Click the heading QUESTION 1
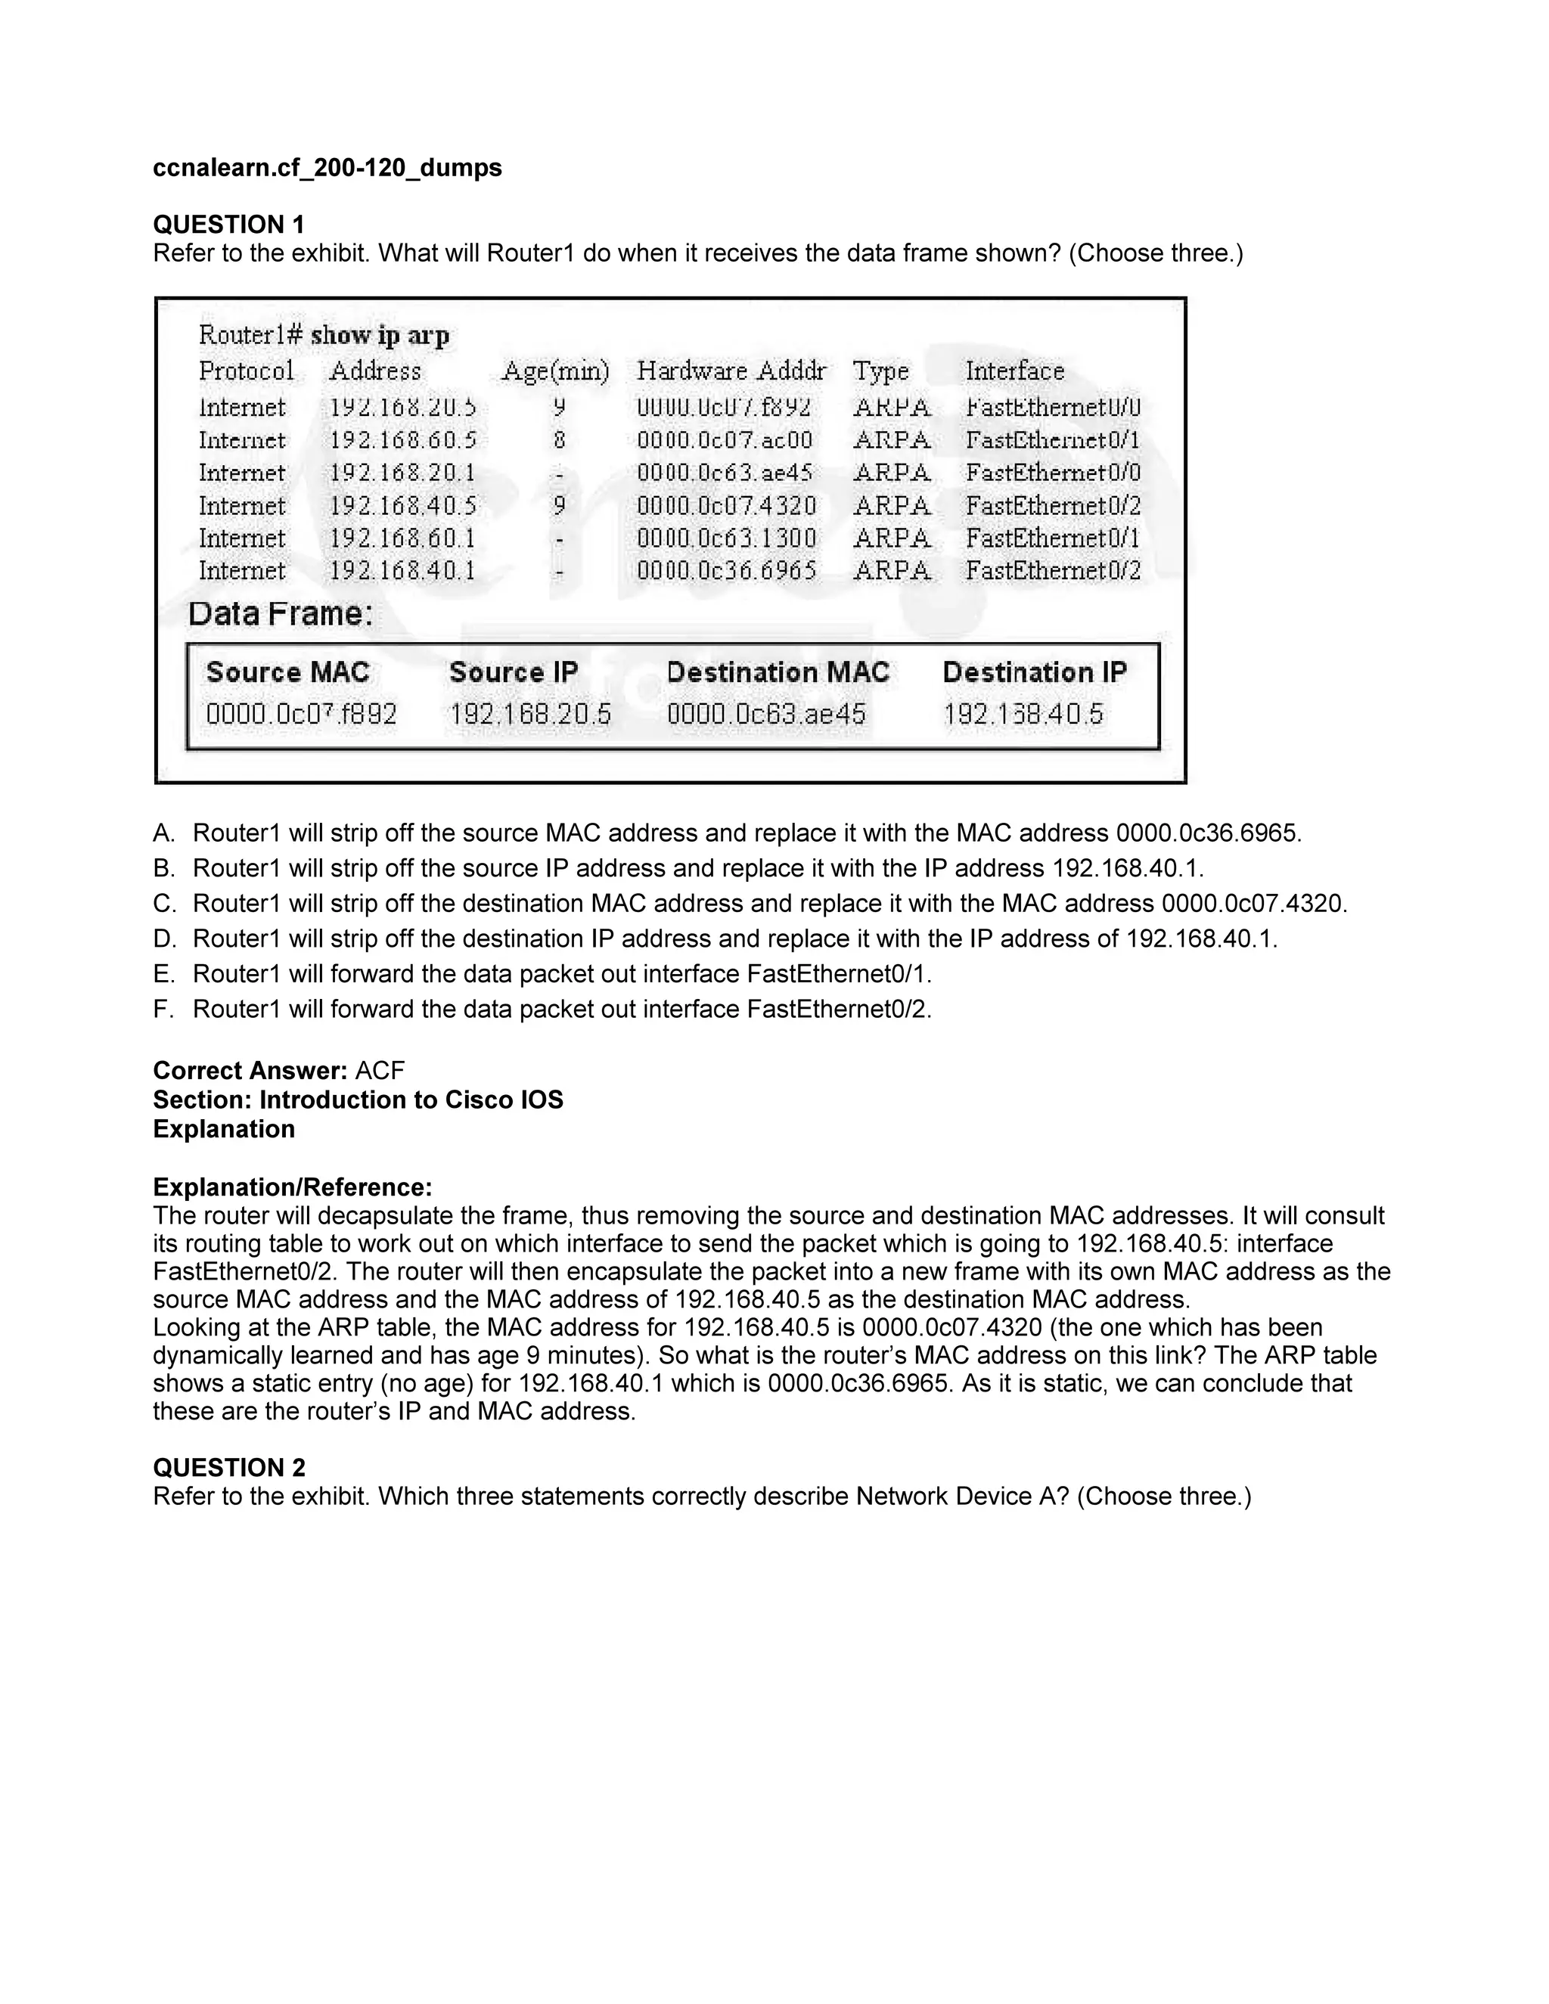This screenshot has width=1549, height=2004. pyautogui.click(x=228, y=224)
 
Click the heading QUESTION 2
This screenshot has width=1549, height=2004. pyautogui.click(x=228, y=1467)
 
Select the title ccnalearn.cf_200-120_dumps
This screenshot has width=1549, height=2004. pyautogui.click(x=327, y=168)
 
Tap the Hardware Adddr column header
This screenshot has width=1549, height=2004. pyautogui.click(x=731, y=371)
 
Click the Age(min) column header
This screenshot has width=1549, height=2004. pyautogui.click(x=555, y=371)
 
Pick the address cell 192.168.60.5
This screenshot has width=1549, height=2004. pyautogui.click(x=403, y=440)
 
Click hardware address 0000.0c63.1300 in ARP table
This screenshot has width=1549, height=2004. pyautogui.click(x=726, y=538)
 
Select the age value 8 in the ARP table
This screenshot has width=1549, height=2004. pyautogui.click(x=559, y=440)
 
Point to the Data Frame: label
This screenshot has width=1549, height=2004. pyautogui.click(x=281, y=614)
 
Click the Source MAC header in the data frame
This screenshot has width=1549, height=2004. pyautogui.click(x=287, y=672)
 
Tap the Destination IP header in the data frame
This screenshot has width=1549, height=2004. pyautogui.click(x=1034, y=672)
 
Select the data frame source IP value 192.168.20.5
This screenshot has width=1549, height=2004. pyautogui.click(x=529, y=714)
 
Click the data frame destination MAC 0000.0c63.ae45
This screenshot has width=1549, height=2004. pyautogui.click(x=765, y=714)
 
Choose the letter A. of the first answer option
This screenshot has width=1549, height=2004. pyautogui.click(x=163, y=833)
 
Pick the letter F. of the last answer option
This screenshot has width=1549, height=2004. pyautogui.click(x=163, y=1010)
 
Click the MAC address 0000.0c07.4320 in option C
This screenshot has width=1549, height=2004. pyautogui.click(x=1253, y=904)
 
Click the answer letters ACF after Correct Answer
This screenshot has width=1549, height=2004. pyautogui.click(x=379, y=1071)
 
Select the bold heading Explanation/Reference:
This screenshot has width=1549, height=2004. pyautogui.click(x=292, y=1187)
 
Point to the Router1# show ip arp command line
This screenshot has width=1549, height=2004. pyautogui.click(x=324, y=336)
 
